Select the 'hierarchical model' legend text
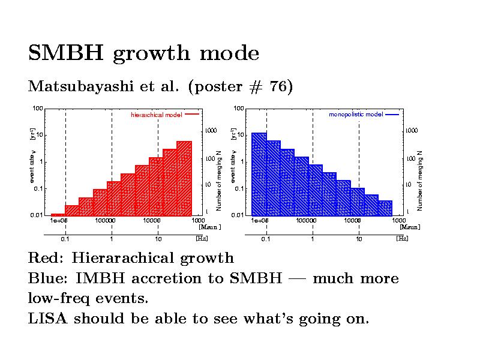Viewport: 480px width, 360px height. click(x=156, y=115)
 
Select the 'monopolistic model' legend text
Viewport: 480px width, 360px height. click(x=356, y=114)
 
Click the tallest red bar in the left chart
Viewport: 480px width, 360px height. click(x=184, y=178)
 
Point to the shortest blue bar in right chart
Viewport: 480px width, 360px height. click(x=385, y=208)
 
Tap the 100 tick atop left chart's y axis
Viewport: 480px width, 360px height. click(x=37, y=109)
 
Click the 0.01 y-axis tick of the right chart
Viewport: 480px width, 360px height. click(x=238, y=215)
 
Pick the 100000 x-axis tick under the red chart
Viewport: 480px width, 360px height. click(x=105, y=221)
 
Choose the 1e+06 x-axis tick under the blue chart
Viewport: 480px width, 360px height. click(x=259, y=221)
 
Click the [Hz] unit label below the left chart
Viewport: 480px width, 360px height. click(x=202, y=239)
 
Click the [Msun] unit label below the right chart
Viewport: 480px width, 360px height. click(x=410, y=227)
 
